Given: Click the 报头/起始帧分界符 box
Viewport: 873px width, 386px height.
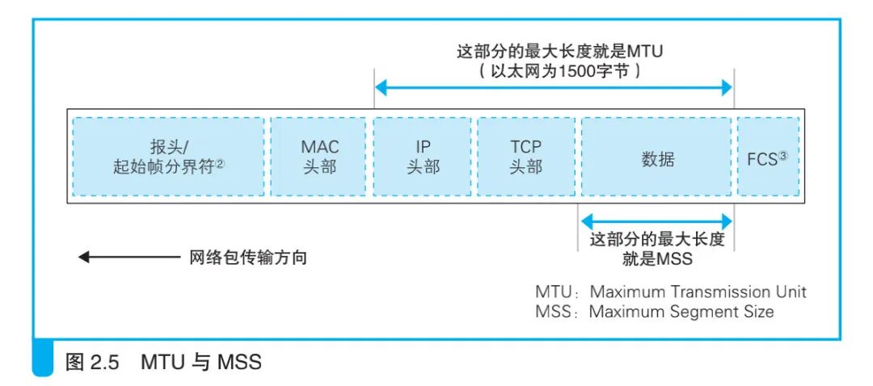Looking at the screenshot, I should (x=168, y=157).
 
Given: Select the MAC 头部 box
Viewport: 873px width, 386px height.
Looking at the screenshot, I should (x=320, y=157).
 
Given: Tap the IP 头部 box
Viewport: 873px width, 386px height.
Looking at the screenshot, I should (x=423, y=157).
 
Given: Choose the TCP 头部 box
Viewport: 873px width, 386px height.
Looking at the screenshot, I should (x=525, y=157).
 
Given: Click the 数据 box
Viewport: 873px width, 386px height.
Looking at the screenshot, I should (x=656, y=157).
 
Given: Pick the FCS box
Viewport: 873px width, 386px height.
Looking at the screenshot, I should (x=768, y=157).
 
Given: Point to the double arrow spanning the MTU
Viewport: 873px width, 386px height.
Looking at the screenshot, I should (x=554, y=89).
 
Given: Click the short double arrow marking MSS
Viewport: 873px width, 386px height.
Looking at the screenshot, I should (x=656, y=219).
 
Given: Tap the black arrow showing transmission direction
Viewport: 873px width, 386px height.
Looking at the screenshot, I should (x=129, y=258).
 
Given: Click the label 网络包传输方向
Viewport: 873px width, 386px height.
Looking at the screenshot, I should (x=248, y=258).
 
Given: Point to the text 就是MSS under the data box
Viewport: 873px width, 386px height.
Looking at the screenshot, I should (x=657, y=259).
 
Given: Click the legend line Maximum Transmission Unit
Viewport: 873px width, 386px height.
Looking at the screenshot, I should (x=698, y=292).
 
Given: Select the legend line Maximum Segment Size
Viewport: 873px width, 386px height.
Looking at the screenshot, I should (x=681, y=311).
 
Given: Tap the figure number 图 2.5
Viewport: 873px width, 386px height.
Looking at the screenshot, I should (x=92, y=362).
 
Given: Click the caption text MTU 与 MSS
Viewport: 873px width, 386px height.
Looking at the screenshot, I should (x=201, y=362).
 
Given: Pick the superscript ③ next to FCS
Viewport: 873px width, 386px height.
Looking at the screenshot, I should (x=783, y=153).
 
